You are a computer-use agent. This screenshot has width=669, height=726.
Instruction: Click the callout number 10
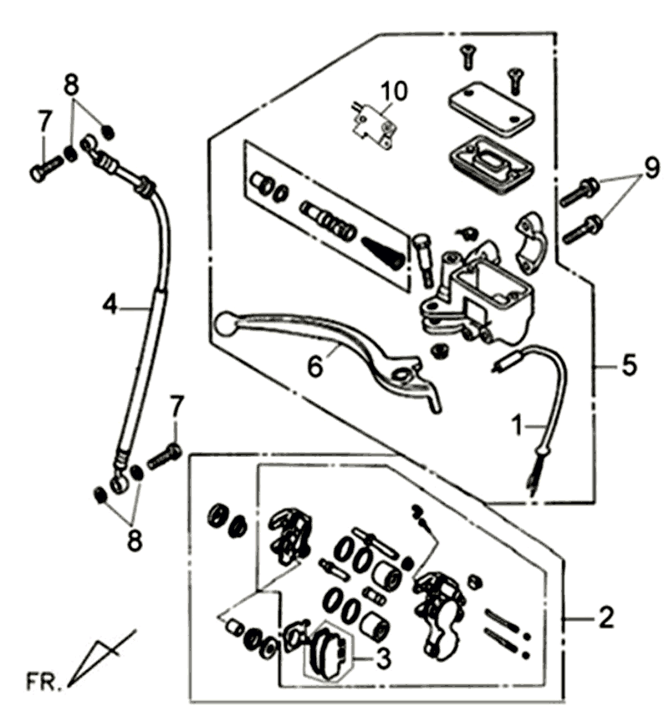click(395, 89)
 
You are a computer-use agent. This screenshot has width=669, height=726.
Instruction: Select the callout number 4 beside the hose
click(110, 305)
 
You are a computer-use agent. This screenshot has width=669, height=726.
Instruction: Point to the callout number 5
click(629, 365)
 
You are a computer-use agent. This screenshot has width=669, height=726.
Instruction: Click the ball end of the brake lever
click(224, 321)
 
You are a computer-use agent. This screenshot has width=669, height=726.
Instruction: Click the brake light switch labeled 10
click(372, 122)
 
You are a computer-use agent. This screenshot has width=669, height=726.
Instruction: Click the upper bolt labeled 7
click(47, 167)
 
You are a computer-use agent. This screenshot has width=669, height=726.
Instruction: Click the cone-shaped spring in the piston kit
click(386, 250)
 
